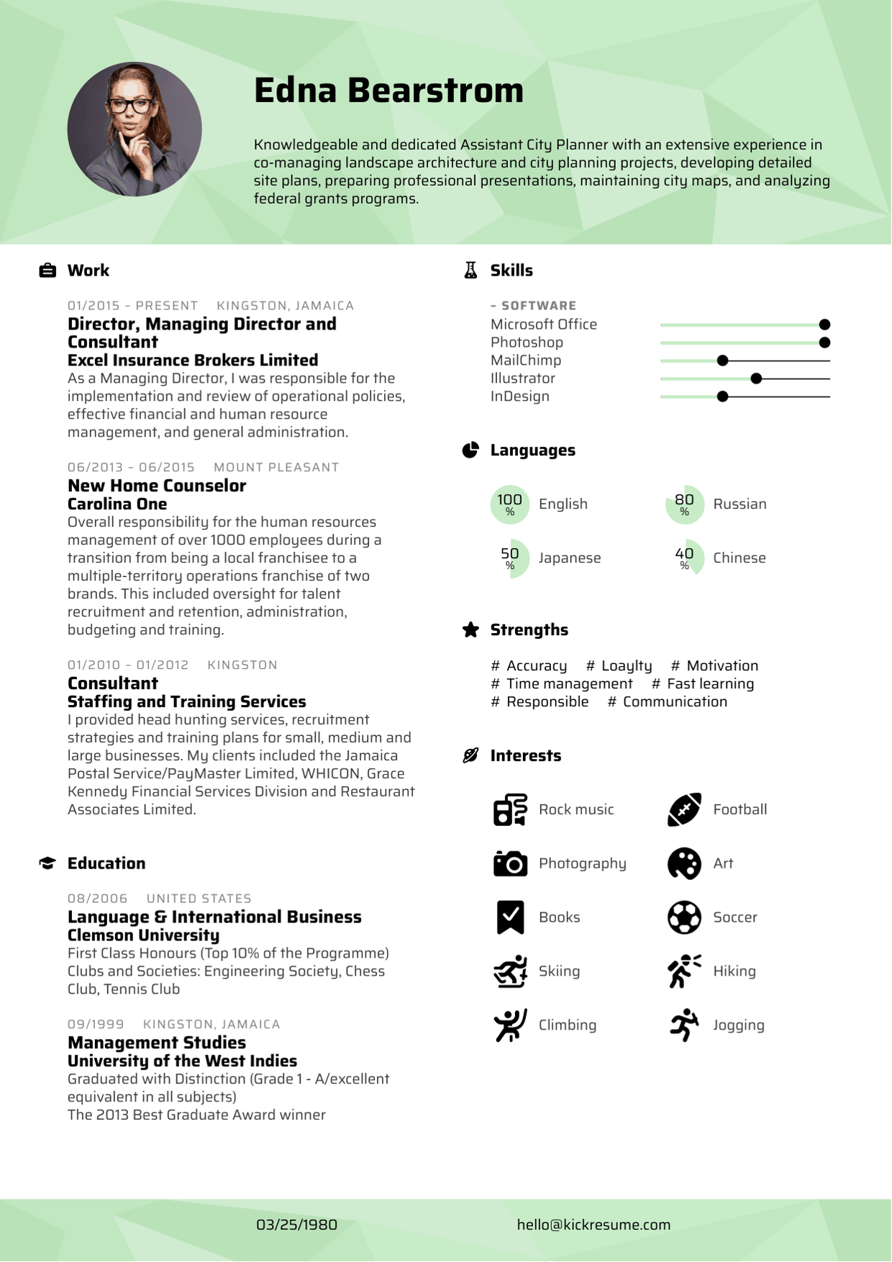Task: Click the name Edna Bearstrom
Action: [x=388, y=91]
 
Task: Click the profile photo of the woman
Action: [x=135, y=130]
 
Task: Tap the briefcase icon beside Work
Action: [x=47, y=271]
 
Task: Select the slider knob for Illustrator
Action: [x=756, y=378]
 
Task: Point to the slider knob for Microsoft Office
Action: [x=824, y=324]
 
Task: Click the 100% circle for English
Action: [x=509, y=504]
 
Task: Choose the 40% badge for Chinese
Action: [x=684, y=558]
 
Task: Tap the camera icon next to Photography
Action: [x=510, y=863]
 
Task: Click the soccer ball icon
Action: [x=684, y=917]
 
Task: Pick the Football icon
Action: [x=684, y=809]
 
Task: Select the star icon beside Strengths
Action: [x=470, y=630]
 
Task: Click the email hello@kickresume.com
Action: [x=593, y=1225]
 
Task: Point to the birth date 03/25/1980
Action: [x=296, y=1225]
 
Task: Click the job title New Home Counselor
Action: [x=157, y=486]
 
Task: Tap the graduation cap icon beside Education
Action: [x=47, y=863]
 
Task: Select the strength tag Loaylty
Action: [x=626, y=666]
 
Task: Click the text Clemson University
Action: [x=143, y=935]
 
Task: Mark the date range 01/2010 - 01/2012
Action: [x=128, y=666]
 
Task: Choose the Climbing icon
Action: [x=510, y=1025]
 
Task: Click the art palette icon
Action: [x=684, y=863]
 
